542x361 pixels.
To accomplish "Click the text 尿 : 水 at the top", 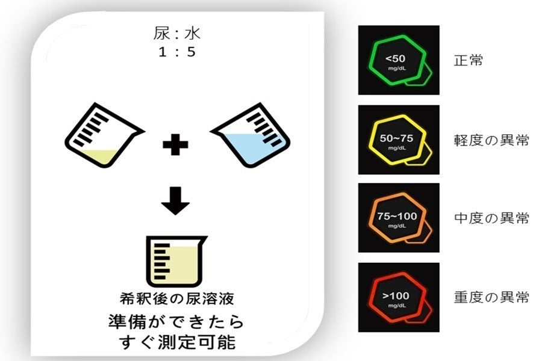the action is coord(176,34).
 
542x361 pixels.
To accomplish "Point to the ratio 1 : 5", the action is coord(177,52).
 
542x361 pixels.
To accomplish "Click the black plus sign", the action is coord(176,144).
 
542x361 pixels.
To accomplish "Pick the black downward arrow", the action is coord(176,201).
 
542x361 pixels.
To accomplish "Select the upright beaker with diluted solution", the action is coord(176,262).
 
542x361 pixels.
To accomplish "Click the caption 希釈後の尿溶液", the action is coord(177,299).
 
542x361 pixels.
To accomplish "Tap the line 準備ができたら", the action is coord(176,322).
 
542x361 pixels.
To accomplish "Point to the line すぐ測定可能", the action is coord(177,342).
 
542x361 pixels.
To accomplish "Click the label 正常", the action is coord(469,60).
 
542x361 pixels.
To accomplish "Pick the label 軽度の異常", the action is coord(491,140).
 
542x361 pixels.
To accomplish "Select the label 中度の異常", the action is coord(491,218).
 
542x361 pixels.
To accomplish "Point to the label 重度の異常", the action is coord(491,297).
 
